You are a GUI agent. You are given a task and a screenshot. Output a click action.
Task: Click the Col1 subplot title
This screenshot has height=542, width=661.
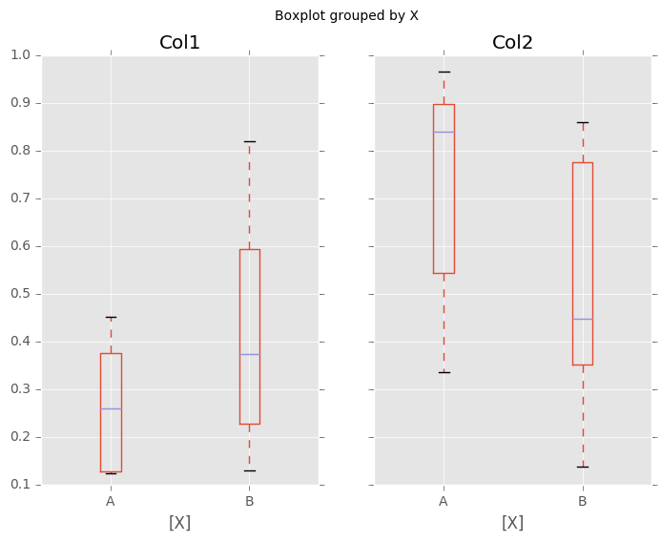click(x=179, y=43)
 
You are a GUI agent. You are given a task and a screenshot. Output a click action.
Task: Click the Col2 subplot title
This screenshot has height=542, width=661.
click(x=512, y=43)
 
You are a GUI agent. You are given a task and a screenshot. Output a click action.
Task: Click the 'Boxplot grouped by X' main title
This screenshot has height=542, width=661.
click(x=346, y=15)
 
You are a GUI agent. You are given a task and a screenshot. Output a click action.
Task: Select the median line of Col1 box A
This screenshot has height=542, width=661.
click(x=111, y=408)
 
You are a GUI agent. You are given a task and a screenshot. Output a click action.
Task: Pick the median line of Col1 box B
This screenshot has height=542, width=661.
click(x=249, y=354)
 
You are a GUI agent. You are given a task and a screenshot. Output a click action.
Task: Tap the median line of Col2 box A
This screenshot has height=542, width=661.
click(x=444, y=132)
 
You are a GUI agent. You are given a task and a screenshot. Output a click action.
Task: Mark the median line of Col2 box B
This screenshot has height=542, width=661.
click(x=582, y=319)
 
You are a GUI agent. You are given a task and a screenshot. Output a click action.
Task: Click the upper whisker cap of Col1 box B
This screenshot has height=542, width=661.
click(x=249, y=141)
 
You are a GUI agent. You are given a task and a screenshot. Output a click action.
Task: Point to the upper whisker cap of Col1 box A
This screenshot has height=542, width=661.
click(x=111, y=317)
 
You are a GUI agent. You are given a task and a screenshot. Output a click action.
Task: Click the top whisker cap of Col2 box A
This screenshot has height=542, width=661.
click(x=444, y=72)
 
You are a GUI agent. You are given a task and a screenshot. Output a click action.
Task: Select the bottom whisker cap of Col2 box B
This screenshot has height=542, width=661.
click(x=582, y=467)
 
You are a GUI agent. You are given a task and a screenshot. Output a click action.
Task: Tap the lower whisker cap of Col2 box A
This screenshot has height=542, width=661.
click(x=444, y=372)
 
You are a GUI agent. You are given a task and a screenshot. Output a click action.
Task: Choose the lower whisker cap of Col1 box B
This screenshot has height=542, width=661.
click(x=249, y=470)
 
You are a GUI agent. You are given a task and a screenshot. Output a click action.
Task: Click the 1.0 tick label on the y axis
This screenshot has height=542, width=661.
click(x=18, y=55)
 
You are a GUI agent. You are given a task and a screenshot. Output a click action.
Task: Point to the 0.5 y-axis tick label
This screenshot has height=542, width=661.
click(x=18, y=294)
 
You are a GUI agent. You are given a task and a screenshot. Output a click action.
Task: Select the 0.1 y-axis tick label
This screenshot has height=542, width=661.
click(x=18, y=485)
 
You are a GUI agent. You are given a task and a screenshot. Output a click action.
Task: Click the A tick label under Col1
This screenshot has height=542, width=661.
click(x=111, y=501)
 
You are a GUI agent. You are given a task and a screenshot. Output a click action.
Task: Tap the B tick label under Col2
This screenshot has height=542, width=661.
click(x=582, y=501)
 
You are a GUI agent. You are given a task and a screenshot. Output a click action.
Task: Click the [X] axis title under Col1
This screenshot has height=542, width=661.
click(x=179, y=523)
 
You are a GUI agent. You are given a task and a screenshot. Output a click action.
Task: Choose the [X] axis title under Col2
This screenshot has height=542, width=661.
click(x=512, y=523)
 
